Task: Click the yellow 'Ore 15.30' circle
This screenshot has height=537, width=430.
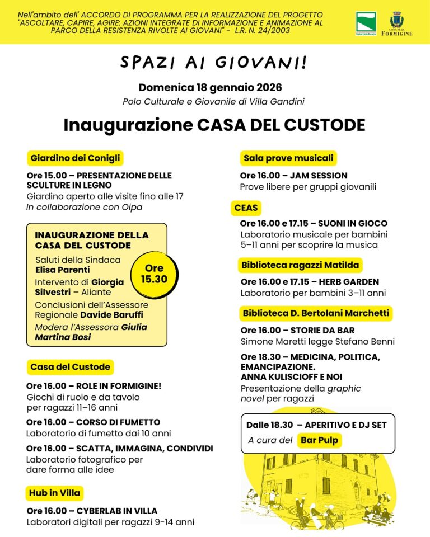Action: point(154,274)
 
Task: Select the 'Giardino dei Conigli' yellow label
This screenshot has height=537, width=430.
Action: point(75,158)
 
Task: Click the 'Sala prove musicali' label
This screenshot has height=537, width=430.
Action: point(288,158)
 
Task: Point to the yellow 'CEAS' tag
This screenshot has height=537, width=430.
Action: point(246,208)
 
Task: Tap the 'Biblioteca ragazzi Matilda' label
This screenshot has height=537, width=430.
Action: point(300,265)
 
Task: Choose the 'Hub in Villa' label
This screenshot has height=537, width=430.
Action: point(55,493)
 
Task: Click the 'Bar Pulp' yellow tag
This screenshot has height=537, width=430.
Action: point(319,440)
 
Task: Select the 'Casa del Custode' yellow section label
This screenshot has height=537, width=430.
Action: point(70,367)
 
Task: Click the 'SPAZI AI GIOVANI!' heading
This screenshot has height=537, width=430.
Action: point(213,63)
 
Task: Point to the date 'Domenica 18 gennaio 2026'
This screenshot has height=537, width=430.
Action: point(211,88)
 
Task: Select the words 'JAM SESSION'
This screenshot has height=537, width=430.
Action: point(319,176)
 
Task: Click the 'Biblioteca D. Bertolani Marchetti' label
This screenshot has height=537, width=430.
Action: point(316,313)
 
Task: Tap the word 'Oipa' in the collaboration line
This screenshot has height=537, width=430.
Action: point(133,207)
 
